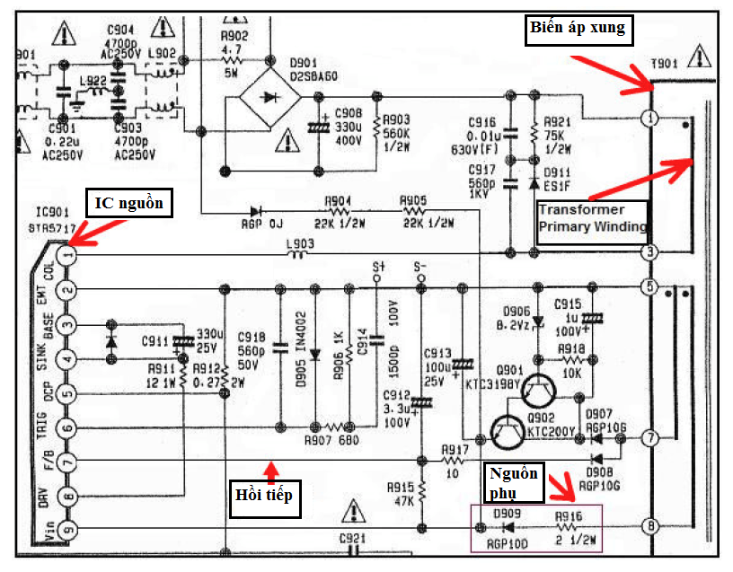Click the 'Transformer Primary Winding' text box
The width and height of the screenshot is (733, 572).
[x=592, y=218]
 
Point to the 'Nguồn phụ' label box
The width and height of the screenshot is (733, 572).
[x=514, y=481]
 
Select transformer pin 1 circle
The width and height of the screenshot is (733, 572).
[x=650, y=119]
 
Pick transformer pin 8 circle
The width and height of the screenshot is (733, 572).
[x=650, y=526]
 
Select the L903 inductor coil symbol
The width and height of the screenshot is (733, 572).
[x=299, y=255]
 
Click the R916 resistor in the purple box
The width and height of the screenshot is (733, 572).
[x=570, y=526]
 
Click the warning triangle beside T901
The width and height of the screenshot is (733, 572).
[x=697, y=60]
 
